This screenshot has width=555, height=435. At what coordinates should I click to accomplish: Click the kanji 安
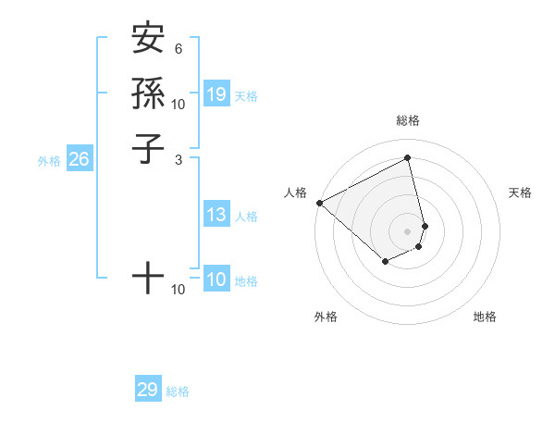148,40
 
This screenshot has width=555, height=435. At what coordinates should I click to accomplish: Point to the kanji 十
148,277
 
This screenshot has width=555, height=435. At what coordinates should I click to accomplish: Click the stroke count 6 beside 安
178,49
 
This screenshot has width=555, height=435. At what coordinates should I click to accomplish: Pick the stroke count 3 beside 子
178,159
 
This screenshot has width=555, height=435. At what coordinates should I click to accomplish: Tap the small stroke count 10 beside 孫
178,104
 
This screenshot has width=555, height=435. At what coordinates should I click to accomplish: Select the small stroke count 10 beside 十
178,290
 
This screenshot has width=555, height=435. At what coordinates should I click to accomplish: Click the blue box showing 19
216,94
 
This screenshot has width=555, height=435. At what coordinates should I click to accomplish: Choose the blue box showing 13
216,216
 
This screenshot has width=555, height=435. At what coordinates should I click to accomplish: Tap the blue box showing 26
80,159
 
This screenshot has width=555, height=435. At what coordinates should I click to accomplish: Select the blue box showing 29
148,390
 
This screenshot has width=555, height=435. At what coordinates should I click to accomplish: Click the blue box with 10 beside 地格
216,280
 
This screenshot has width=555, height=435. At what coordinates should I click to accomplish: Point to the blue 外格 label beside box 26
49,161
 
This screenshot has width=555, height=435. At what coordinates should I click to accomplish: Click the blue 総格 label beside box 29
178,391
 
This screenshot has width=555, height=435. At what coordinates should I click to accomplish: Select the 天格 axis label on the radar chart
520,193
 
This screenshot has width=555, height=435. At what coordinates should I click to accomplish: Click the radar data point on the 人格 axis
319,203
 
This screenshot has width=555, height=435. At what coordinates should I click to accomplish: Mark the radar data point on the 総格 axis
408,158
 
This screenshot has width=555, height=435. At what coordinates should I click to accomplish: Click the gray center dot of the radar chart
408,230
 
